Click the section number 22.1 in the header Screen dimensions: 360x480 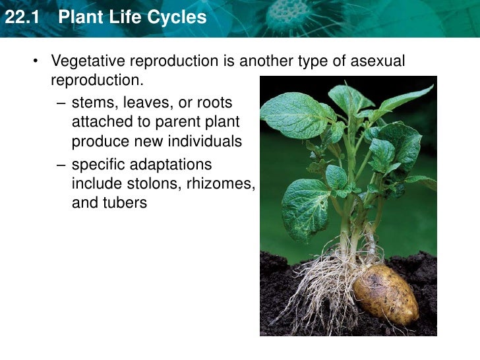(x=20, y=17)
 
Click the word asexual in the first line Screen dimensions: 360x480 (x=377, y=61)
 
